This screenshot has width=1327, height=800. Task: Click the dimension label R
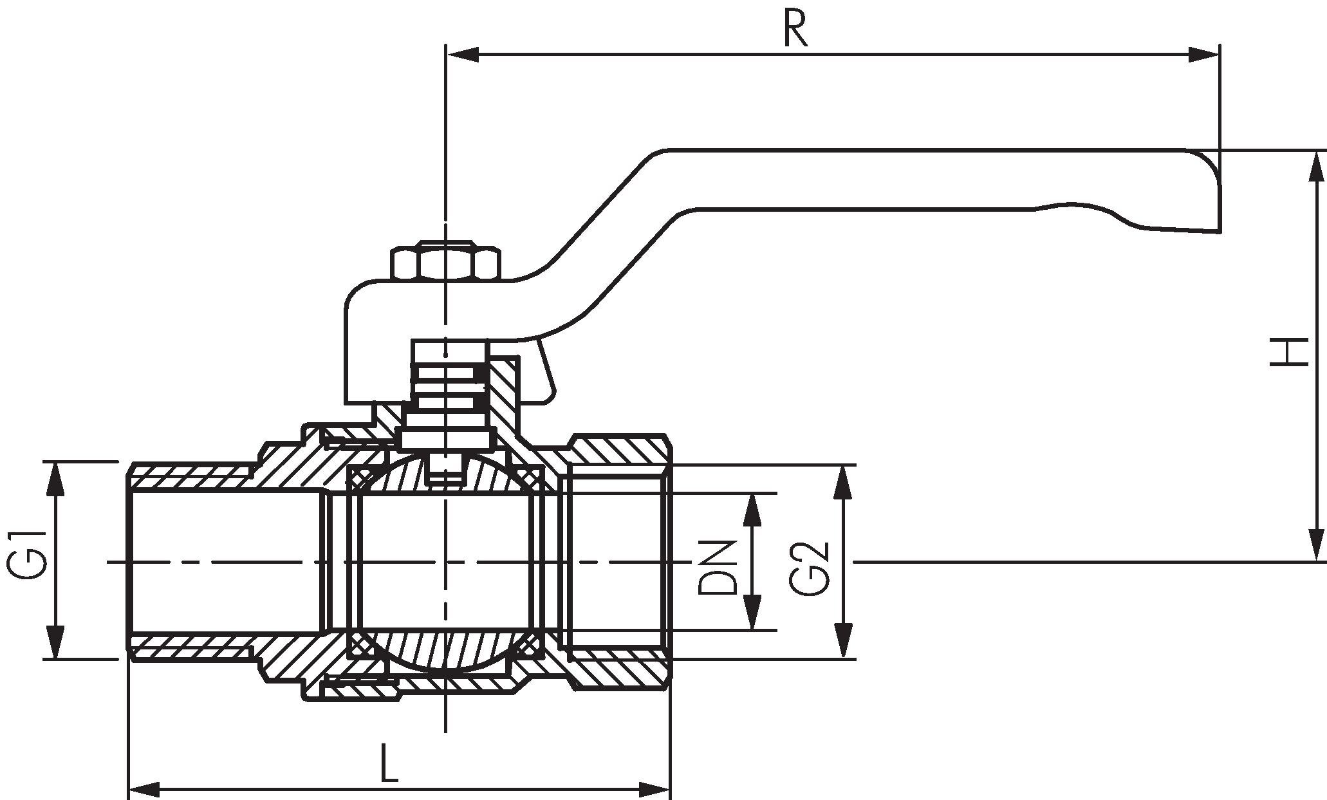[795, 29]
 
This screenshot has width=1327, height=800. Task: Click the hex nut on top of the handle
[445, 261]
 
